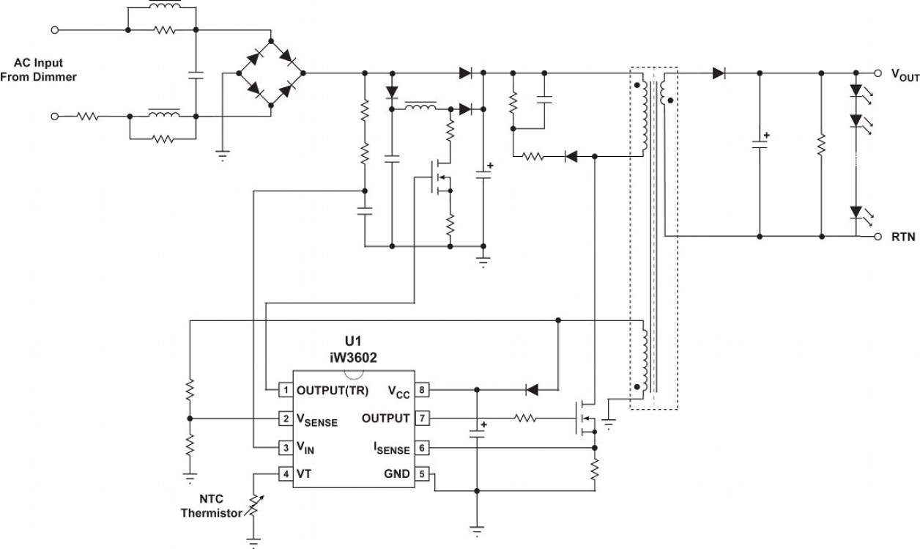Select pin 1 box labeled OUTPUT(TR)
click(x=286, y=389)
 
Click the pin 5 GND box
click(x=421, y=474)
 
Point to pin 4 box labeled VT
click(x=286, y=474)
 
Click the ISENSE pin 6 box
click(x=421, y=446)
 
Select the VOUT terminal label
click(x=905, y=75)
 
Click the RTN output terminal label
click(x=903, y=237)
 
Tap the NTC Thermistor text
click(x=211, y=506)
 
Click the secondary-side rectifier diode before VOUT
click(x=719, y=73)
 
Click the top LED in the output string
click(x=856, y=92)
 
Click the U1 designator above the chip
click(x=353, y=342)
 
